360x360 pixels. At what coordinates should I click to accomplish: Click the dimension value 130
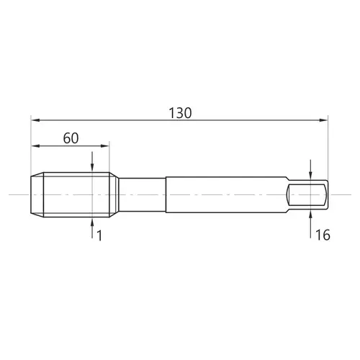tap(180, 113)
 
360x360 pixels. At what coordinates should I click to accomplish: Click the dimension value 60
tap(71, 138)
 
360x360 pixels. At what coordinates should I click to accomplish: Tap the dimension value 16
tap(323, 235)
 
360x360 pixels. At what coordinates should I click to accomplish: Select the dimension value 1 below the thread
tap(99, 235)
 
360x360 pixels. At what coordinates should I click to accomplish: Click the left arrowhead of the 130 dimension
tap(35, 120)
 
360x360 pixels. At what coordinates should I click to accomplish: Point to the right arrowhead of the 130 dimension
tap(323, 120)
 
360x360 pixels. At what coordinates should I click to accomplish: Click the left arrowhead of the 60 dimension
tap(35, 145)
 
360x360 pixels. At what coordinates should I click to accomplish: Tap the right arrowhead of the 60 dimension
tap(105, 145)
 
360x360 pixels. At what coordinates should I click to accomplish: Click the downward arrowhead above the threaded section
tap(92, 168)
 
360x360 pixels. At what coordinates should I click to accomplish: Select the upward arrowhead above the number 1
tap(92, 222)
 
